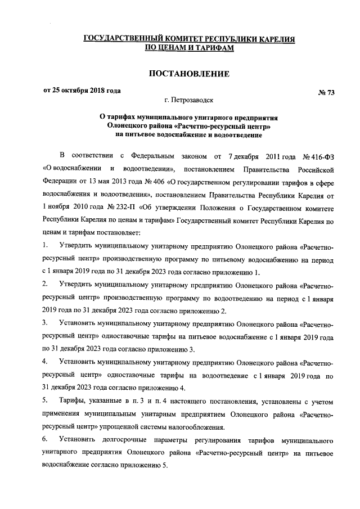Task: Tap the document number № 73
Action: (x=326, y=92)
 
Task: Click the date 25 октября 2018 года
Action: (x=86, y=91)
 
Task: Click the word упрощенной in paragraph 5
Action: (x=150, y=427)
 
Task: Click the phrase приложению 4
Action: (x=156, y=388)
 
